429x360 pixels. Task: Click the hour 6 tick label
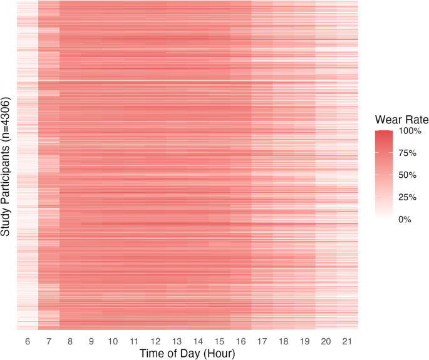(27, 341)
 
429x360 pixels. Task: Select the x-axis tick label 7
(48, 341)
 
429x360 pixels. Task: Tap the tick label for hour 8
(70, 341)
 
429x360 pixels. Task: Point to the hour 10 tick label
(113, 341)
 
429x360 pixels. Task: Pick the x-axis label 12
(155, 341)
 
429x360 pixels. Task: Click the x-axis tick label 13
(177, 341)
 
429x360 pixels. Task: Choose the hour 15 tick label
(219, 341)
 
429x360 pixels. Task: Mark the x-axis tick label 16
(240, 341)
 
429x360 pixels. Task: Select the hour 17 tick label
(262, 341)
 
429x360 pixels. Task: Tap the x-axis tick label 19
(304, 341)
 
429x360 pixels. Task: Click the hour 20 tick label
(326, 341)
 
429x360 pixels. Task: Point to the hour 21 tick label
(347, 341)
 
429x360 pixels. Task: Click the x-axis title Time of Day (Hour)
(187, 354)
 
